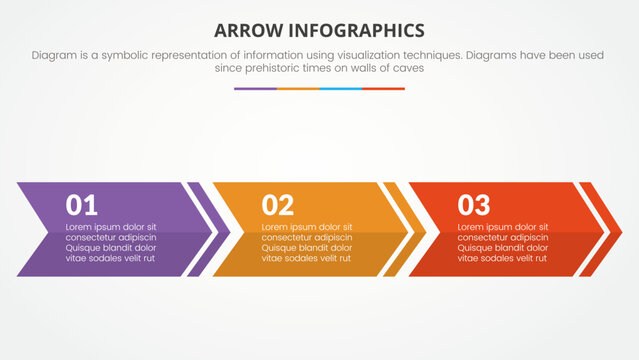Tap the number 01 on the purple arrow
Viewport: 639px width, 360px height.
82,206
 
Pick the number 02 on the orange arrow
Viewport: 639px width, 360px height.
278,206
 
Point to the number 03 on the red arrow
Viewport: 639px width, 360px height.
474,206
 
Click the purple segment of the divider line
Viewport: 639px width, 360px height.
255,89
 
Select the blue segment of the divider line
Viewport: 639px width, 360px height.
341,89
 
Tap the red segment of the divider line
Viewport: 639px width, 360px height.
384,89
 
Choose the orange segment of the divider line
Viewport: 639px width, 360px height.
298,89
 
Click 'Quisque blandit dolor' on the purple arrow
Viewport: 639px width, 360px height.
110,248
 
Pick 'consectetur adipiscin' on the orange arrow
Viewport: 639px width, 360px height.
306,238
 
